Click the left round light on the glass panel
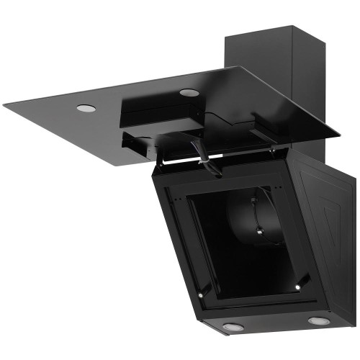point(85,108)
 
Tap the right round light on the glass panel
point(189,92)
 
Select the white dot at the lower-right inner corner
point(297,288)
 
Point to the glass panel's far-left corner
point(4,104)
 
